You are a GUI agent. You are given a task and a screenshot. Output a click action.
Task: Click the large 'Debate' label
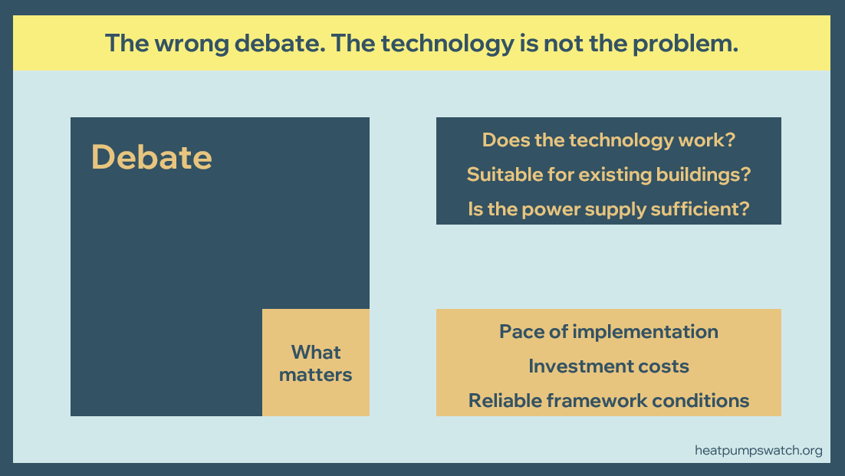tap(151, 157)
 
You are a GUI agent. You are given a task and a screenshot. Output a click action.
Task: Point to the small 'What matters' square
tap(316, 363)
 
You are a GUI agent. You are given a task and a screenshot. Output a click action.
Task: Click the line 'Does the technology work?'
tap(608, 140)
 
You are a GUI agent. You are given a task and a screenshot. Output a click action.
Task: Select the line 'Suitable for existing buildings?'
tap(608, 175)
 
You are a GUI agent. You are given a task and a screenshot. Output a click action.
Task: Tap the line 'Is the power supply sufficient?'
tap(608, 209)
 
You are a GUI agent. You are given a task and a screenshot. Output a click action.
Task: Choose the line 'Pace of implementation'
tap(608, 332)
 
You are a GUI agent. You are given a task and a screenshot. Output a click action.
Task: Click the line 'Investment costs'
tap(608, 366)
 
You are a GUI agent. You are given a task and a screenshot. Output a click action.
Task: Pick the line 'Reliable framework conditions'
tap(608, 401)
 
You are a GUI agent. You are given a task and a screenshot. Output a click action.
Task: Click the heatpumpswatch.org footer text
tap(758, 451)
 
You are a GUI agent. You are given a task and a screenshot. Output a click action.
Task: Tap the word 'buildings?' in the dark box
tap(703, 175)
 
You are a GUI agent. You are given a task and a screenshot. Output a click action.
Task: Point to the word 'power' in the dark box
tap(551, 209)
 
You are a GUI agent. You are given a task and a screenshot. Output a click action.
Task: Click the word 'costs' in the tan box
tap(663, 366)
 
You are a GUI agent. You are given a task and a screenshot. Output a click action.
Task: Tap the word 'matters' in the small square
tap(315, 375)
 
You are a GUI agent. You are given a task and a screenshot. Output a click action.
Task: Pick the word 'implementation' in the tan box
tap(645, 332)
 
